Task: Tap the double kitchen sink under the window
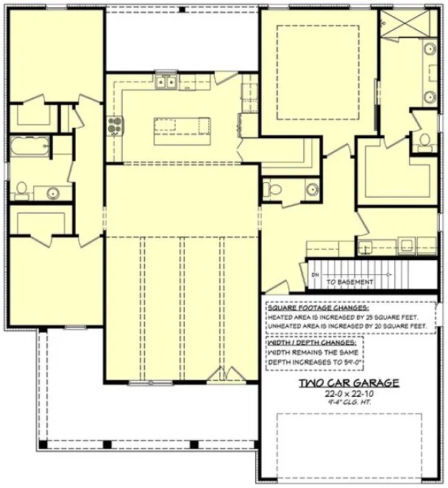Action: (166, 82)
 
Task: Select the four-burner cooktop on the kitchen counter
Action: (114, 126)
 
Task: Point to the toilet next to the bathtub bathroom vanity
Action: (21, 190)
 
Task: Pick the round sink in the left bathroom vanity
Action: (53, 193)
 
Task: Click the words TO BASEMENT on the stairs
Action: (350, 281)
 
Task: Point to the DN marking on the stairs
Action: (315, 275)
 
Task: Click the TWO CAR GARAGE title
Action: (349, 383)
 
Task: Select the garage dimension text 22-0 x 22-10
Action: (349, 394)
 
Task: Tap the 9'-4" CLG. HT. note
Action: (349, 403)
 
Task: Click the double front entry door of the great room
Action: (220, 378)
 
